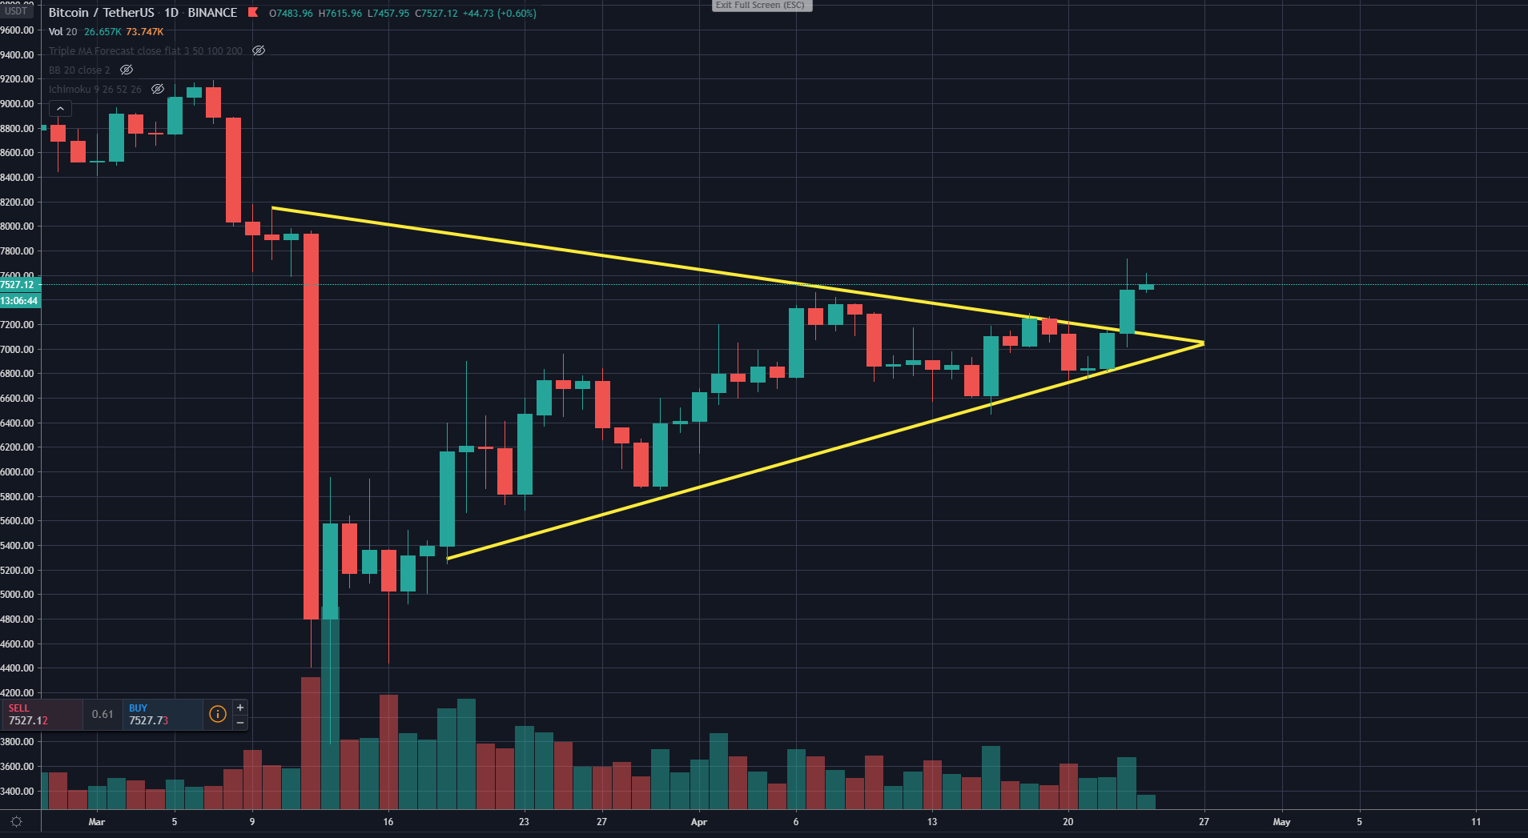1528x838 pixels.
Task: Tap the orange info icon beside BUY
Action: point(217,714)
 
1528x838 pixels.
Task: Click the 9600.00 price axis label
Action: point(18,30)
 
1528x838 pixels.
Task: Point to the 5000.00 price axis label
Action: point(18,595)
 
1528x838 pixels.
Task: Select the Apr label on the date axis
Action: point(699,822)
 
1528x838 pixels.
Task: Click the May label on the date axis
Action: point(1281,822)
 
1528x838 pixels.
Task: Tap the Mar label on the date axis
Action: point(97,822)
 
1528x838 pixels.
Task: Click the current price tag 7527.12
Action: point(18,285)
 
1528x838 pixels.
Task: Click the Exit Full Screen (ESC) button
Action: point(762,6)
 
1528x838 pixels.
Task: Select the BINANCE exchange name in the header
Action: point(212,13)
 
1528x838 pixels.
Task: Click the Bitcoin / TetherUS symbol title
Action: point(102,13)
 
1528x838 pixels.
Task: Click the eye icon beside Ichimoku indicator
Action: point(158,89)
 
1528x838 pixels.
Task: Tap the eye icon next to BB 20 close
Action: point(127,70)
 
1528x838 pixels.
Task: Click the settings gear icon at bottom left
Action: point(16,822)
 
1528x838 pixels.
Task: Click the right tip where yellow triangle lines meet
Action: point(1203,343)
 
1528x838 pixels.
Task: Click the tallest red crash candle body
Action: point(311,424)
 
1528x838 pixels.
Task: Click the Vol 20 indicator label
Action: point(63,32)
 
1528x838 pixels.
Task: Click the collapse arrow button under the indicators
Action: point(60,109)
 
